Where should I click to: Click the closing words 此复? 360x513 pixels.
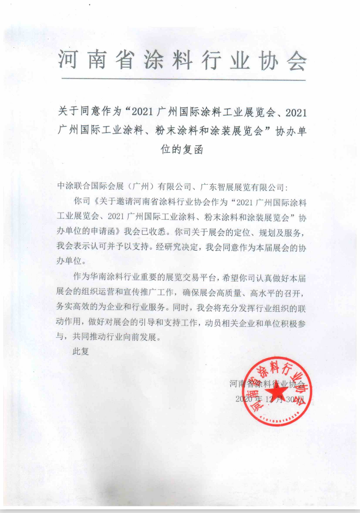81,352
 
